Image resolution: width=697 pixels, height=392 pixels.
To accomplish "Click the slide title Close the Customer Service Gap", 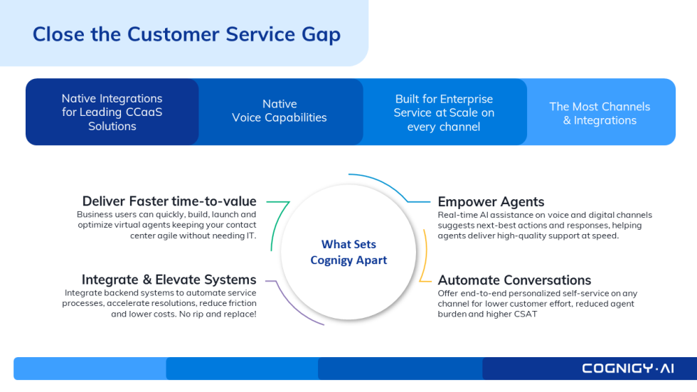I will pyautogui.click(x=186, y=34).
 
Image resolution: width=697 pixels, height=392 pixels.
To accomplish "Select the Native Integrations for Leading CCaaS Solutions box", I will pyautogui.click(x=112, y=112).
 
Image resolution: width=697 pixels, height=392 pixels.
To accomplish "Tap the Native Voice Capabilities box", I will pyautogui.click(x=280, y=111).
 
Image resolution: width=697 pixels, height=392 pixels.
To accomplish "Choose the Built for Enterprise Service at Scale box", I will pyautogui.click(x=444, y=112).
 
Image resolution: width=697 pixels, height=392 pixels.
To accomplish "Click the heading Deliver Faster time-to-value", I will pyautogui.click(x=169, y=201).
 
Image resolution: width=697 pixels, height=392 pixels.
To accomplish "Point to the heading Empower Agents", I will pyautogui.click(x=491, y=201).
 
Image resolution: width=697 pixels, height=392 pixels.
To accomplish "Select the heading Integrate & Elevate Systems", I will pyautogui.click(x=169, y=280).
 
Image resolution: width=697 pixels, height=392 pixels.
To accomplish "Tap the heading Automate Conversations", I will pyautogui.click(x=514, y=280).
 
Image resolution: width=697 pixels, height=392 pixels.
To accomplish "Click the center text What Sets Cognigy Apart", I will pyautogui.click(x=348, y=252).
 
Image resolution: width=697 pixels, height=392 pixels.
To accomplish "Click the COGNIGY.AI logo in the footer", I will pyautogui.click(x=628, y=368).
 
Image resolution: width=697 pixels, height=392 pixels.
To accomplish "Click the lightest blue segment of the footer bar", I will pyautogui.click(x=90, y=368).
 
